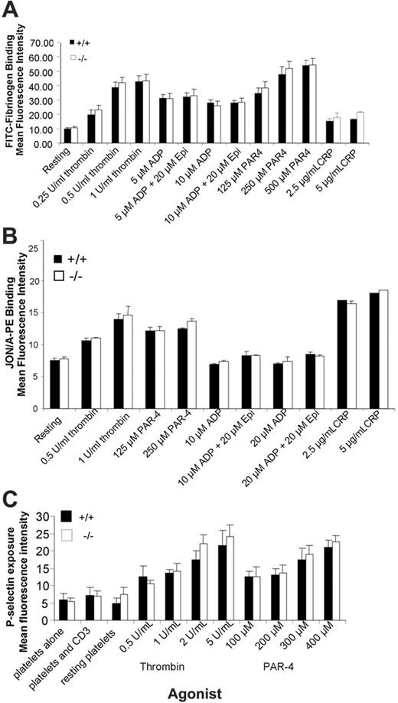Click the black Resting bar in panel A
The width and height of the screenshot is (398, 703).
pyautogui.click(x=67, y=136)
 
